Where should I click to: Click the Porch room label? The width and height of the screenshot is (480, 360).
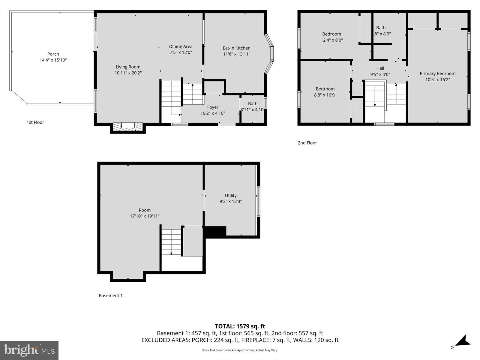[x=53, y=54]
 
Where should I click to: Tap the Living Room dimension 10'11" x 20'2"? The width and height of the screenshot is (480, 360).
[x=128, y=73]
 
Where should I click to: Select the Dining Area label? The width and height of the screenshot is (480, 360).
[x=181, y=46]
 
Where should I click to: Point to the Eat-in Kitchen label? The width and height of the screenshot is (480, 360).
[x=236, y=48]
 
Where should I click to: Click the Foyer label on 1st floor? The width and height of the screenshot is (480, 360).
[x=213, y=107]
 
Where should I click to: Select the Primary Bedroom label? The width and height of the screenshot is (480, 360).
[x=437, y=73]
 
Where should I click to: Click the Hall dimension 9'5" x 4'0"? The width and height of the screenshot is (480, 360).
[x=380, y=74]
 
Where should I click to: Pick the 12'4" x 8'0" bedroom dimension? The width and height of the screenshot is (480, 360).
[x=332, y=40]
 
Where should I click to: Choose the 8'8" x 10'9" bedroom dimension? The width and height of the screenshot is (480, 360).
[x=325, y=95]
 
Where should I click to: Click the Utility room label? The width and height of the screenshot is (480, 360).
[x=231, y=196]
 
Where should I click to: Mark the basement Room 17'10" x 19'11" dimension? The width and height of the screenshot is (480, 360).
[x=145, y=216]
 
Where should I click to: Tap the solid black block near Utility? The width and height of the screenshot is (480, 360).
[x=215, y=232]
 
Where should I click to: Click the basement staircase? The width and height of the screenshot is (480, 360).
[x=171, y=242]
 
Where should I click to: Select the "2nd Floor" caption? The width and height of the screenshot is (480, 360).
[x=307, y=143]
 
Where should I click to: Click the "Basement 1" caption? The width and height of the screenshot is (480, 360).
[x=111, y=295]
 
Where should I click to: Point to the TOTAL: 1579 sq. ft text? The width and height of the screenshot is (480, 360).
[x=240, y=326]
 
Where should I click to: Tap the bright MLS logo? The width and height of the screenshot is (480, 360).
[x=29, y=350]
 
